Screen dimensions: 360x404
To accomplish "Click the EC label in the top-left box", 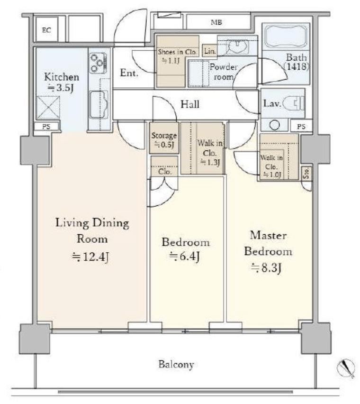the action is point(46,30).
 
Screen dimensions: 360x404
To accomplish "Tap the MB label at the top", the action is point(216,22).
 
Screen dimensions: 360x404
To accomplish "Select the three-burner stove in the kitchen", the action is point(98,63).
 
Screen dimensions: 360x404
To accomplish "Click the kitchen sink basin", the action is point(99,104).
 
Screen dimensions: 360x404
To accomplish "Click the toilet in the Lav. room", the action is point(294,103).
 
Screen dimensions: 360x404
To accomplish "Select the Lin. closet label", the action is point(210,51).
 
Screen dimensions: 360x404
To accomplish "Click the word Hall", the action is point(190,104).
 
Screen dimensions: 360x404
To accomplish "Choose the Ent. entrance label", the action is point(129,73).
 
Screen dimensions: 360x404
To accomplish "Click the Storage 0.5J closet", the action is point(164,138).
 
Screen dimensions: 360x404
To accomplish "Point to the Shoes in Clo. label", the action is point(178,52).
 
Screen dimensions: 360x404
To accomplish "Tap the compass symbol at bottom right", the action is point(346,368).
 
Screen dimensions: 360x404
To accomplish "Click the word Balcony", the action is point(176,364).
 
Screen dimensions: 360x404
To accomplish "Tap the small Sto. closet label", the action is point(306,173).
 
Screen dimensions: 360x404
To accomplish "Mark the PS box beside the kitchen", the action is point(46,127).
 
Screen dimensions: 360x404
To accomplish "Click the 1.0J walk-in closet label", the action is point(272,174).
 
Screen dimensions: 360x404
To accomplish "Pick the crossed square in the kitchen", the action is point(48,108).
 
